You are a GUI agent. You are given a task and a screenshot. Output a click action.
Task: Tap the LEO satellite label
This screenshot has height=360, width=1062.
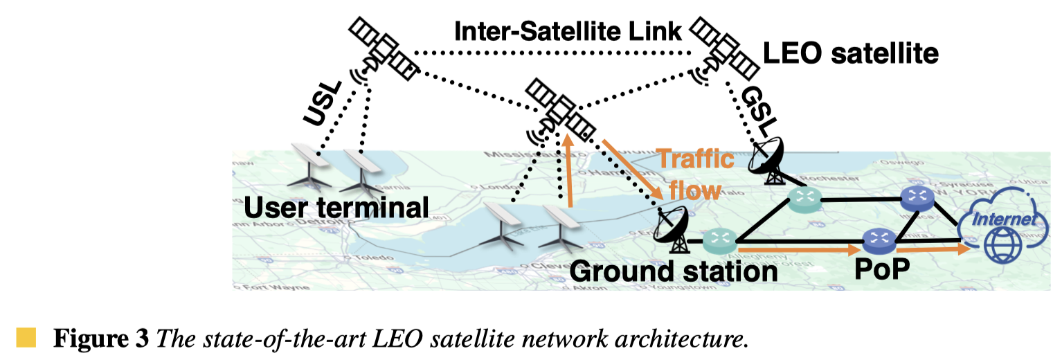850,53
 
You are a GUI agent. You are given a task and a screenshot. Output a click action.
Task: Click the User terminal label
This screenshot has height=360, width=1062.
336,207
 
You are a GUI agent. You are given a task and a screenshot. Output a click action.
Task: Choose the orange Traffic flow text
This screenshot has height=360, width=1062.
694,174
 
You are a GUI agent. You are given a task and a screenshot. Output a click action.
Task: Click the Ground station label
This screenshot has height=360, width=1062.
673,271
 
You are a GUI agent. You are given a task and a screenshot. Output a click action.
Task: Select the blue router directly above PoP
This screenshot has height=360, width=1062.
879,239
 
